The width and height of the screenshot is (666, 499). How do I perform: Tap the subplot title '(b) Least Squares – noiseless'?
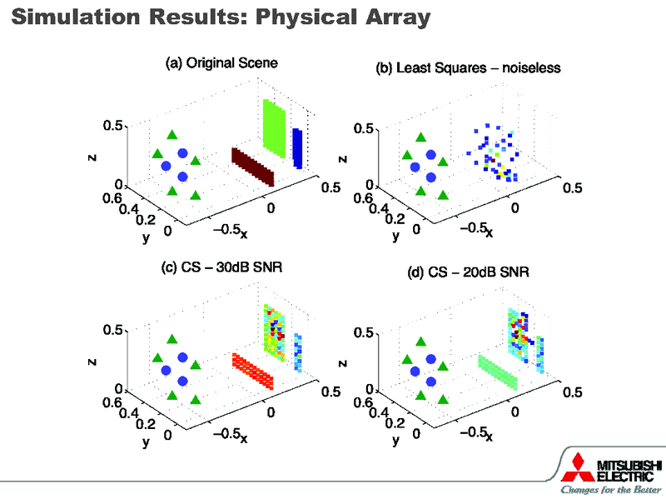tap(469, 69)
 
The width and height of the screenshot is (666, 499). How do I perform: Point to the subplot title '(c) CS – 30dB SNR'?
tap(220, 267)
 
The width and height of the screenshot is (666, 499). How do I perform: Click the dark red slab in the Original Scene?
tap(252, 165)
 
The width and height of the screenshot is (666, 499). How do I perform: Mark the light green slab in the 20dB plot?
tap(498, 372)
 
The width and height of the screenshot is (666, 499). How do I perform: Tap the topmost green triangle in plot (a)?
tap(172, 135)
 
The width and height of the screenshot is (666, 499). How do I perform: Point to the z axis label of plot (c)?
tap(92, 362)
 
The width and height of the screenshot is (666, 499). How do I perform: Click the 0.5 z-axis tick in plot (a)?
tap(114, 126)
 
